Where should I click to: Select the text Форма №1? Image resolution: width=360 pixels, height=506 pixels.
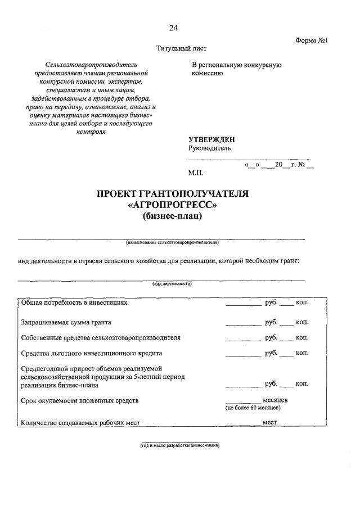point(311,40)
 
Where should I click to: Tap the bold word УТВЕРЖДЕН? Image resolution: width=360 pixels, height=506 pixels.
point(212,139)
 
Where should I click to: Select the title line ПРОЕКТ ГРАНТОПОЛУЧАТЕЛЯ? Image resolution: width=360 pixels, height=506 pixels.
point(173,194)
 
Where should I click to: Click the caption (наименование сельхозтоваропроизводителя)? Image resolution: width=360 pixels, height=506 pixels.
point(172,243)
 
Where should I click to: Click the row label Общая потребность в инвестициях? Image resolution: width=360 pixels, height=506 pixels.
point(74,302)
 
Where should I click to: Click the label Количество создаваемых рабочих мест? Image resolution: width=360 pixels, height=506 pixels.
point(80,422)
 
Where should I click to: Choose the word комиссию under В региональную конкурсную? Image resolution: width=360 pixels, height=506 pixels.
point(208,73)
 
